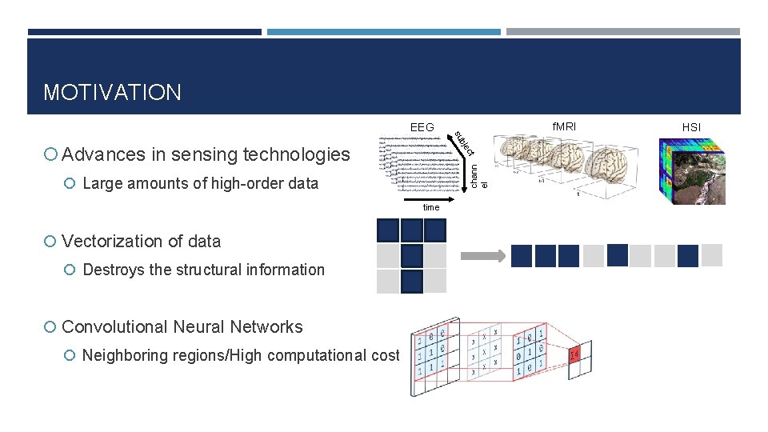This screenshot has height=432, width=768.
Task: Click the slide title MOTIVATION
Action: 112,92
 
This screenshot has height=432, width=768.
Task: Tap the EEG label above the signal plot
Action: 422,127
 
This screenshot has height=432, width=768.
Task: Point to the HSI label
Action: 691,127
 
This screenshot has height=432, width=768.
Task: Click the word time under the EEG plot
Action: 431,207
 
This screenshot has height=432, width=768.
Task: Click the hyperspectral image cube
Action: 690,171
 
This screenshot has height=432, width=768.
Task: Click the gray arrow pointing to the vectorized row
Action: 484,256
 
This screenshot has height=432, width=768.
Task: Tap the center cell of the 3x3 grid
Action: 411,256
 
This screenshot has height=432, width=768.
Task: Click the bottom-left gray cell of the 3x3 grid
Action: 387,281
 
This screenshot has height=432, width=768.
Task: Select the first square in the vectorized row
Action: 522,255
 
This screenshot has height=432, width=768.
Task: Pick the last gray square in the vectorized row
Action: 712,255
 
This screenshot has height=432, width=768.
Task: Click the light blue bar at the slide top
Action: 383,32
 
